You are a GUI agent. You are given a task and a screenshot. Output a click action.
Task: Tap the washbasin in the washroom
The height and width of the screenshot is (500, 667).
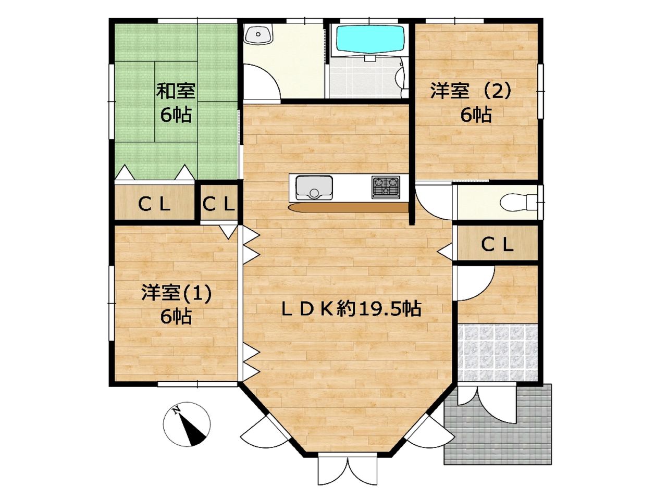pyautogui.click(x=258, y=34)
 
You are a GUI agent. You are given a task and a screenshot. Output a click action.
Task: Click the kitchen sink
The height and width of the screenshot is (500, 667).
pyautogui.click(x=314, y=187)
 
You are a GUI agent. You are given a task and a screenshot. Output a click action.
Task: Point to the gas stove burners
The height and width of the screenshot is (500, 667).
pyautogui.click(x=386, y=187)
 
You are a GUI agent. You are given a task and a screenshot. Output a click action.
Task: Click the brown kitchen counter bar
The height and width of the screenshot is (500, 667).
pyautogui.click(x=349, y=208)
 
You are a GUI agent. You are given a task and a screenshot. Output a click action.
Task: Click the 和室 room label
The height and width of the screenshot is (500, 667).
pyautogui.click(x=176, y=91)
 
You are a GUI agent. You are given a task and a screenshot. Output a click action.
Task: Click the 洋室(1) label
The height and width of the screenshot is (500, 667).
pyautogui.click(x=176, y=294)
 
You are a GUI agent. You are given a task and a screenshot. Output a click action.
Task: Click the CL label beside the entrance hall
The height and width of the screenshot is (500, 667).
pyautogui.click(x=498, y=245)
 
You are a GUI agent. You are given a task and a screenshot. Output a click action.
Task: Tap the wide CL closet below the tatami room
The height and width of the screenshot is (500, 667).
pyautogui.click(x=154, y=202)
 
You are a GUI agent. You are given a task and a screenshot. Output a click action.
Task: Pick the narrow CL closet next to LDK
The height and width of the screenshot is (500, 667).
pyautogui.click(x=219, y=202)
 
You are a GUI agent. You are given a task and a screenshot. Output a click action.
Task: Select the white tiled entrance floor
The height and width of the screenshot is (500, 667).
pyautogui.click(x=498, y=353)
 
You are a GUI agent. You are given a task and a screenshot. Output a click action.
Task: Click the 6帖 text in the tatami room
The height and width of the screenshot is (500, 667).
pyautogui.click(x=176, y=115)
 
